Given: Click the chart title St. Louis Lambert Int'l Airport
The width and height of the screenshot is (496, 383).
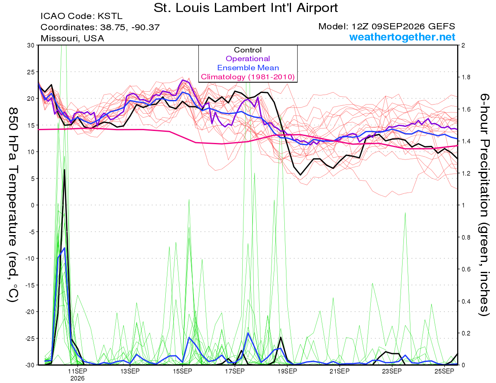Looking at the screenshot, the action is [246, 8].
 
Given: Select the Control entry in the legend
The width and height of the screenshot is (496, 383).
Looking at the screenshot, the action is [248, 50].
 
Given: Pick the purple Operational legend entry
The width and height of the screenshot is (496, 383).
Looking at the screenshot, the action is [248, 59].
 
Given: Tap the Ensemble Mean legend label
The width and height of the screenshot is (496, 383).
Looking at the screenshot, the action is [248, 68].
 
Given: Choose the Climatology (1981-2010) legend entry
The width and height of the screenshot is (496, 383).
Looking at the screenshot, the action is [248, 77].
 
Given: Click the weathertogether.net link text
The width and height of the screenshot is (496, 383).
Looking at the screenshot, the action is [402, 37].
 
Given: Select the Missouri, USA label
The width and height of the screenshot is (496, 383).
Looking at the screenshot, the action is [72, 38].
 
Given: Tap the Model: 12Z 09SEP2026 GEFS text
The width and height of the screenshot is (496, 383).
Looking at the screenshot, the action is [386, 26].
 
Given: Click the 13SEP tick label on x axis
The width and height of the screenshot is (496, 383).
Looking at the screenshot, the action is [130, 371].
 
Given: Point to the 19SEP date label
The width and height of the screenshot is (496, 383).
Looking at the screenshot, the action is [287, 371].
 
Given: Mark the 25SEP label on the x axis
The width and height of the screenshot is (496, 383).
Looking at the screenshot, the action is [444, 371].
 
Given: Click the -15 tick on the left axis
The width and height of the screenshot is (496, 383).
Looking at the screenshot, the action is [30, 285].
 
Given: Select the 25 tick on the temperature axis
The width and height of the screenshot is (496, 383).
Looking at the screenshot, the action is [31, 72].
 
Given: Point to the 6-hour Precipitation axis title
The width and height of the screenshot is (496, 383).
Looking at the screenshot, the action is [484, 205].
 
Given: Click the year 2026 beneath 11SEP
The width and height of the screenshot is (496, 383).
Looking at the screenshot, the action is [77, 378].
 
